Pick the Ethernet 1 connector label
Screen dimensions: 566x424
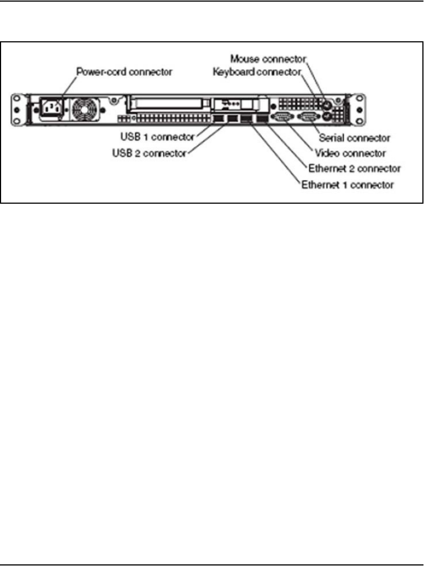point(347,185)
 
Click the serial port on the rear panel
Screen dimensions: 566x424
point(306,118)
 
